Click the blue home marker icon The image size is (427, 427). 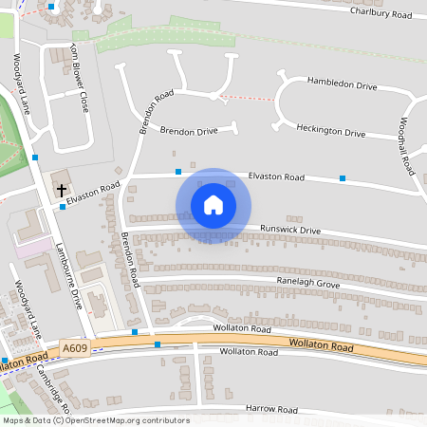(x=213, y=205)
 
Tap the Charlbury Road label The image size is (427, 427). (x=381, y=12)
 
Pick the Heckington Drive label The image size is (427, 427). (x=330, y=130)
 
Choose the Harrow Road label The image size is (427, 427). (x=271, y=410)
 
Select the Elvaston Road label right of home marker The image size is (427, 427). (x=275, y=177)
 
